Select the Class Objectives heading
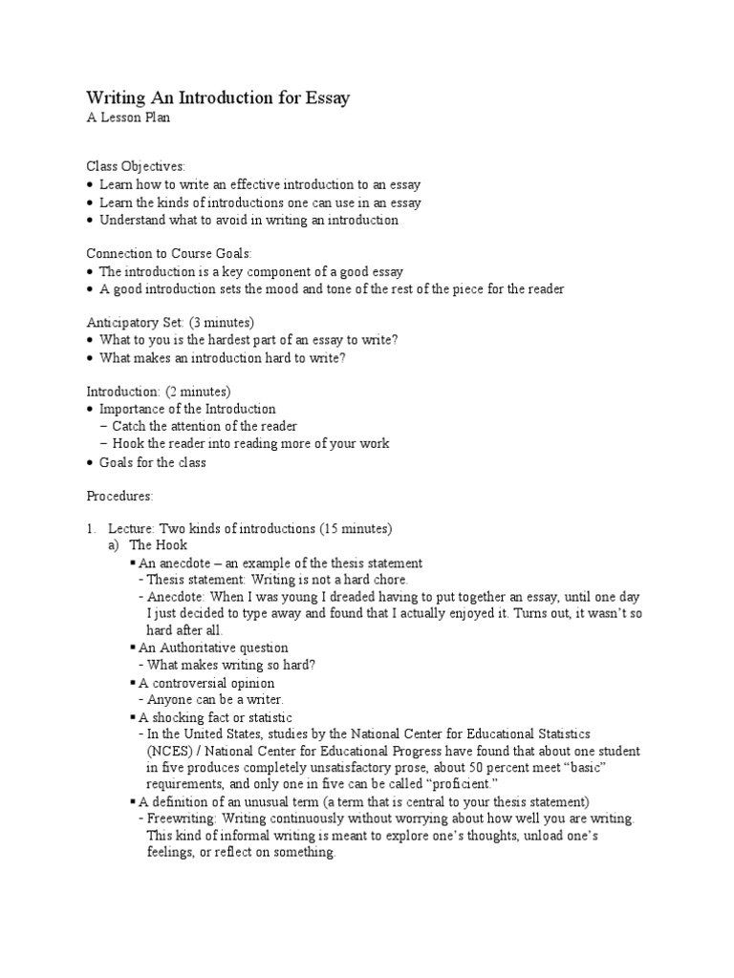[x=136, y=166]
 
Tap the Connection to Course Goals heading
[x=169, y=253]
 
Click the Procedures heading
[x=119, y=496]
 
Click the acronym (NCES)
[x=168, y=751]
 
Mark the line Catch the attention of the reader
[x=205, y=426]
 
